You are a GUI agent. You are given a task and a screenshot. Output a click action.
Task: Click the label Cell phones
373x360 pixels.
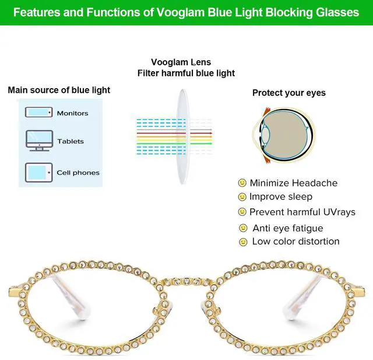point(78,173)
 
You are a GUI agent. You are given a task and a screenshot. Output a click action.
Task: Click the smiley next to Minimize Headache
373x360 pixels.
point(242,183)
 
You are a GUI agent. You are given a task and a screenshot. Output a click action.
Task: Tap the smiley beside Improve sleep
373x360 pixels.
point(242,197)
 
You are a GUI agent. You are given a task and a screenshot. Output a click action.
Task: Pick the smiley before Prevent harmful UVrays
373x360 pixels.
point(242,212)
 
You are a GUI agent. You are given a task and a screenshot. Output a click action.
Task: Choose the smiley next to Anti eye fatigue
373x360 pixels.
point(243,228)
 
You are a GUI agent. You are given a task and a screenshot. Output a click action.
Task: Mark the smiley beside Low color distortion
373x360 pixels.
point(243,242)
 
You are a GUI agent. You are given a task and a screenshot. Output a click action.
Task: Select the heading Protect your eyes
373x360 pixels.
point(288,93)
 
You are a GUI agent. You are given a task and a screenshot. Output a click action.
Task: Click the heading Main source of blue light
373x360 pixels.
point(59,90)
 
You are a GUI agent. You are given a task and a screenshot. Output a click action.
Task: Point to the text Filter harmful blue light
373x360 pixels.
point(186,73)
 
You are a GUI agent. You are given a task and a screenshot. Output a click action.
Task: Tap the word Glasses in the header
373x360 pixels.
point(337,12)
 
